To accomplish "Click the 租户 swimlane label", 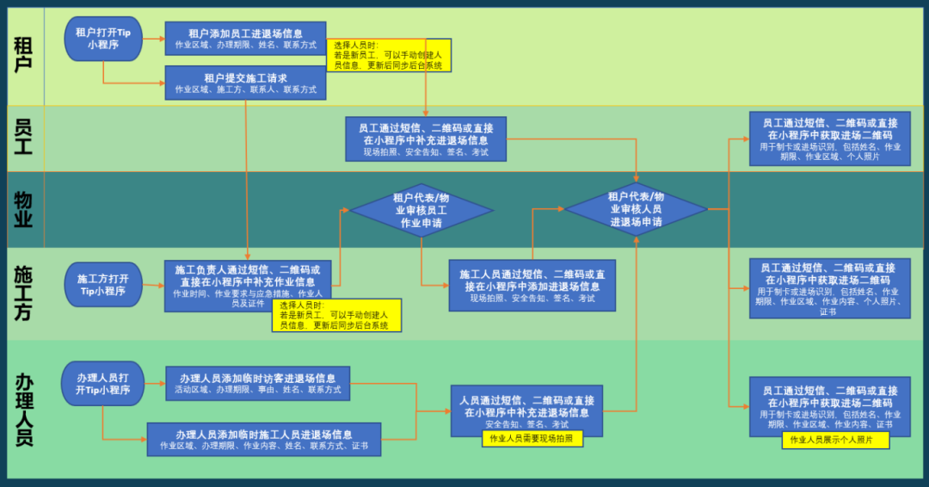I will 23,53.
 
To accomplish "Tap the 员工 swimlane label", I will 23,138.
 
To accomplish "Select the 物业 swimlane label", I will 23,209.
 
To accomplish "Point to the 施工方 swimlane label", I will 23,293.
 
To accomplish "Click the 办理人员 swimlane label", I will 23,409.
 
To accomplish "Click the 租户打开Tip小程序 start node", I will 103,39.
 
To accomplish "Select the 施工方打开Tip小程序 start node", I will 103,285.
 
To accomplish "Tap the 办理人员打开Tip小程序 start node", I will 103,384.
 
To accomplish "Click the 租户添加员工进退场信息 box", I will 245,39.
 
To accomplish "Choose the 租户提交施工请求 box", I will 245,83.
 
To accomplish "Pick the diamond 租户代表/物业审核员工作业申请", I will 421,210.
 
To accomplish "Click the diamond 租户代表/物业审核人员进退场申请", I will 636,209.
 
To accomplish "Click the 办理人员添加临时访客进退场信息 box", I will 258,384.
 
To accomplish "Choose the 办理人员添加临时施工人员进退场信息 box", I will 264,440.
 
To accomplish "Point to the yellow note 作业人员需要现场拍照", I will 532,439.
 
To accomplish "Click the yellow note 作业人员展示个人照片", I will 835,441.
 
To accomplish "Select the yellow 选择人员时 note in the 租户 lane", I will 389,55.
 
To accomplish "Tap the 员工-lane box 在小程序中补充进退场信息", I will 426,139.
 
